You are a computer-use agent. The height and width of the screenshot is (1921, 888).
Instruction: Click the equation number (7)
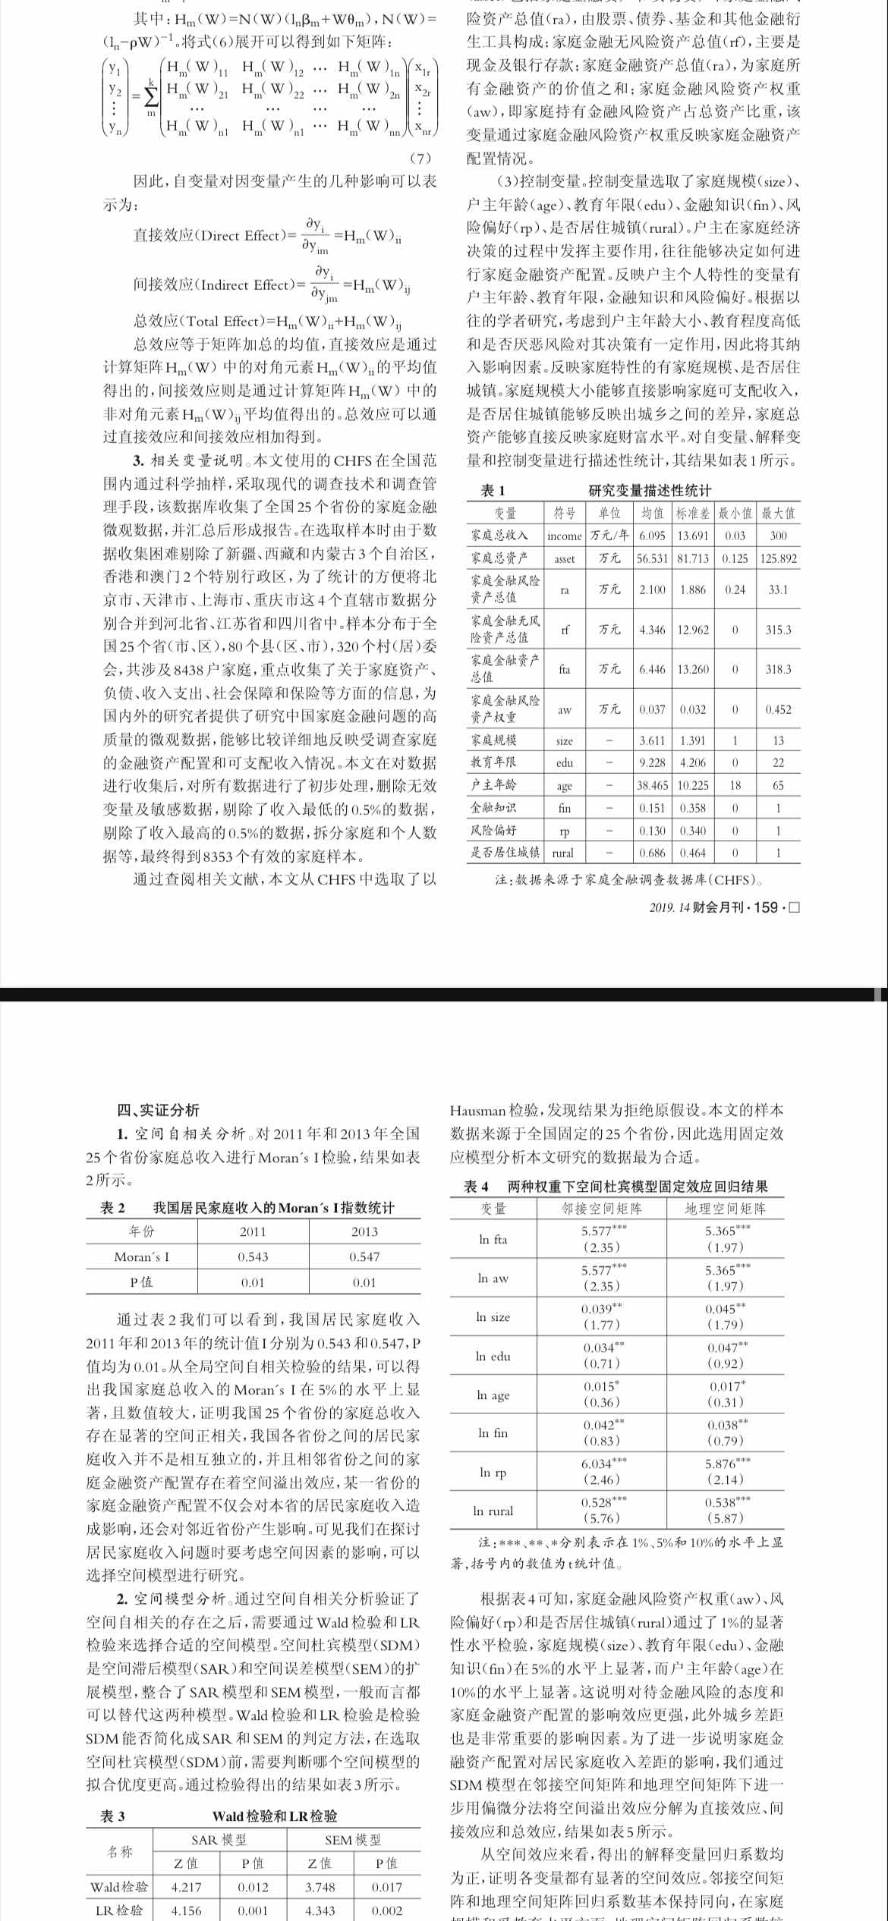click(x=420, y=159)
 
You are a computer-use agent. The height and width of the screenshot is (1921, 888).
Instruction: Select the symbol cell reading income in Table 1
click(x=565, y=536)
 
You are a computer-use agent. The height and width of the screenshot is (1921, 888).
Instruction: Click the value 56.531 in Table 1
click(x=653, y=558)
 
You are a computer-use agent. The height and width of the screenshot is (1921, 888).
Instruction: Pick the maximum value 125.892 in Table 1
click(x=778, y=558)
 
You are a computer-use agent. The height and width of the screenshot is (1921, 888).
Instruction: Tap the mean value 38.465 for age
click(x=653, y=785)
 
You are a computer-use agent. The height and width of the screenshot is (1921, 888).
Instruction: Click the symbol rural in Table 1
click(x=563, y=853)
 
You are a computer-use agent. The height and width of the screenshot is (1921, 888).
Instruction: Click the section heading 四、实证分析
click(x=158, y=1110)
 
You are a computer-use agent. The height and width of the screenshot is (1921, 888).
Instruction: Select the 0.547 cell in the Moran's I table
click(x=364, y=1256)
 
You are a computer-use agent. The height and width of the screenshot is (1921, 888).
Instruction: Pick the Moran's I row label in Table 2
click(x=142, y=1256)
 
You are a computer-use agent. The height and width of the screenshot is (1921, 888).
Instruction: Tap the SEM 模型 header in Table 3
click(x=353, y=1840)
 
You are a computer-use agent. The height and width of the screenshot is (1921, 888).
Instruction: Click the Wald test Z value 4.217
click(x=187, y=1887)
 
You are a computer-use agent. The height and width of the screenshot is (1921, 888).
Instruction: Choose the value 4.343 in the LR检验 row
click(x=320, y=1910)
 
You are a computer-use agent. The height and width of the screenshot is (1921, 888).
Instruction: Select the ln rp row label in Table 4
click(x=493, y=1472)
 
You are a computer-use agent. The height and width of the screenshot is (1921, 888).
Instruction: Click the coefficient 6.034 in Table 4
click(x=600, y=1464)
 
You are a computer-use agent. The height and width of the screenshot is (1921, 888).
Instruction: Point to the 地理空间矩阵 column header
click(x=725, y=1209)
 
